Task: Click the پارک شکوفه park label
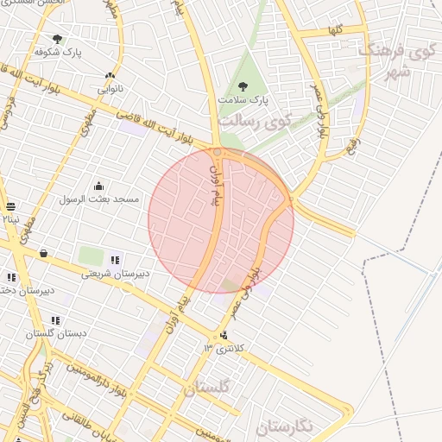point(58,52)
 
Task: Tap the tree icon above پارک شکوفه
point(58,39)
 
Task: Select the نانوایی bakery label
point(110,88)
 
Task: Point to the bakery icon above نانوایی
point(110,76)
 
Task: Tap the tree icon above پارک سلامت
point(242,86)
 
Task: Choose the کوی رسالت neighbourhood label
point(256,121)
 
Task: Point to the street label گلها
point(336,30)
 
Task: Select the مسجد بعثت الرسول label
point(99,199)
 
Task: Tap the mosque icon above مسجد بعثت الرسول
point(98,186)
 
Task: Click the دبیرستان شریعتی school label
point(116,274)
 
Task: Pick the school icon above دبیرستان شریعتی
point(115,260)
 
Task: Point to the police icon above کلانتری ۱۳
point(224,335)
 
